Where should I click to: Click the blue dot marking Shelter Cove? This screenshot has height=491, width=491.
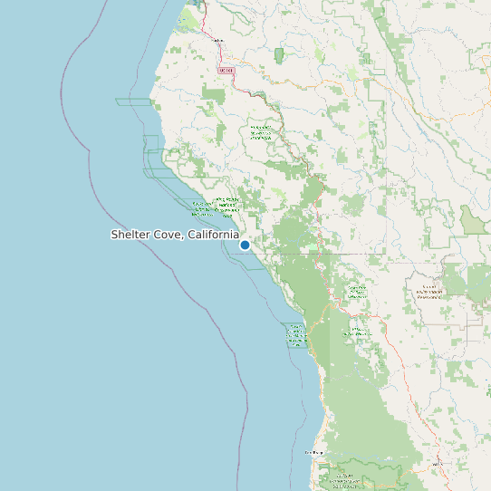245,245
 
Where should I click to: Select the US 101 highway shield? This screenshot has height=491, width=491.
226,70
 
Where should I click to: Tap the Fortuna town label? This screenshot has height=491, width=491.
217,41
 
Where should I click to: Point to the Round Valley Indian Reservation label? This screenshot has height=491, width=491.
430,293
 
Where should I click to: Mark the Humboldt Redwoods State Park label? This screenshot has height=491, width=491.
261,132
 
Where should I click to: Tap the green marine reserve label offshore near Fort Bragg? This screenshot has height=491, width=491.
296,335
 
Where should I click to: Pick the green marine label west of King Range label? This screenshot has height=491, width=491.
201,209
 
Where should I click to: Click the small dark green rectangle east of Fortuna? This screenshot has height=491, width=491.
278,54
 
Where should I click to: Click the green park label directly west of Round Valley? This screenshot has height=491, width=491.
356,292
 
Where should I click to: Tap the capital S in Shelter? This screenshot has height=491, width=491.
115,235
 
